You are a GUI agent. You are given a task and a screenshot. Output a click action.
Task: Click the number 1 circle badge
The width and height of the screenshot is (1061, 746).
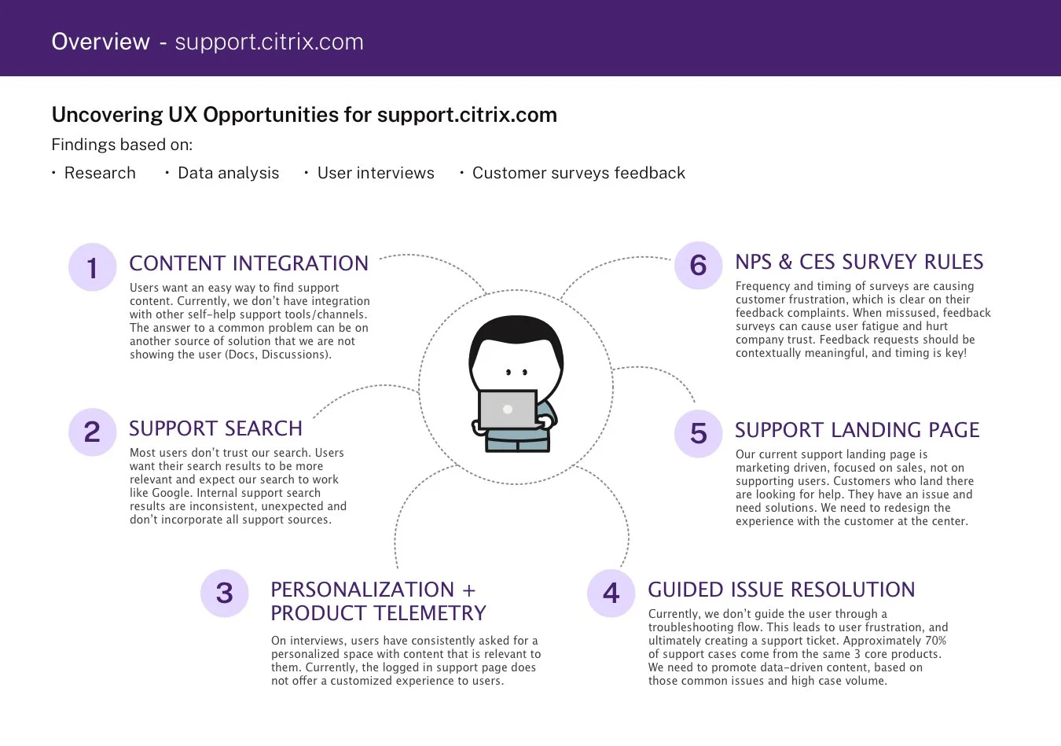93,267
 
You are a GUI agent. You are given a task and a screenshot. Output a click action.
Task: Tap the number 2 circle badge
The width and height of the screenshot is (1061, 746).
93,432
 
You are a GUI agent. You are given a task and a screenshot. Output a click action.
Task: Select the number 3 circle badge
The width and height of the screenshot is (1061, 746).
225,593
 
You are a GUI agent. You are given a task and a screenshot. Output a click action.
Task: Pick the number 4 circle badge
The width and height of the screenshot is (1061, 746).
611,593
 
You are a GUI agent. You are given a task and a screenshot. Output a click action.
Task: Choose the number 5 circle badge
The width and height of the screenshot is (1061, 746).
699,433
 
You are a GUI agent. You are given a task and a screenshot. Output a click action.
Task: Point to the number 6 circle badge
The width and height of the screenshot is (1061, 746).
699,266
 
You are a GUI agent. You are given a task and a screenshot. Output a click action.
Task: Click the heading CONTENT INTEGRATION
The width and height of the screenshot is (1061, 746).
248,263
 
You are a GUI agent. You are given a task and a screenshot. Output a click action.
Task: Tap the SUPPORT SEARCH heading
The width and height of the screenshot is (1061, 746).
215,428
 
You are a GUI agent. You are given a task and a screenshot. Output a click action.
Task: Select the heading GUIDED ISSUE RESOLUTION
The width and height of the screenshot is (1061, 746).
781,590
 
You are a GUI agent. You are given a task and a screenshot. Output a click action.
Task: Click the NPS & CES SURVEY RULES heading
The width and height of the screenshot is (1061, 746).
859,262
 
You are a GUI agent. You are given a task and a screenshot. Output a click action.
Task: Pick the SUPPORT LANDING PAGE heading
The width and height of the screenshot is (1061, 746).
857,430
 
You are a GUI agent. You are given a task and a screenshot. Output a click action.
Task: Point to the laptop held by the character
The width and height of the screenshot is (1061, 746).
508,410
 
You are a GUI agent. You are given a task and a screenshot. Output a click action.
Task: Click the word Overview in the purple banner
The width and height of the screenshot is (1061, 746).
101,42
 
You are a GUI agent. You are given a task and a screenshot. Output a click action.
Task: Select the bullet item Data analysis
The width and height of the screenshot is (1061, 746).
228,173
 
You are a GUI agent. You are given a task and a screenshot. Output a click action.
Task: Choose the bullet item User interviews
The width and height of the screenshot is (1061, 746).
376,173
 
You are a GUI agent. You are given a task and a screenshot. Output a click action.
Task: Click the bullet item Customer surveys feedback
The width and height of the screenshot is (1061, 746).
578,173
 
